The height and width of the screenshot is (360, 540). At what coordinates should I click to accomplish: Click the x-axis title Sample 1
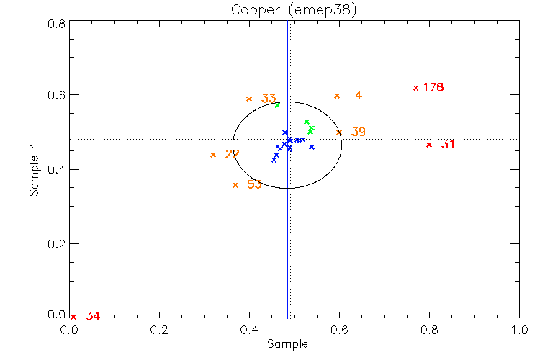293,344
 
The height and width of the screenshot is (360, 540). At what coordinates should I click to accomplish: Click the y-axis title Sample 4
34,169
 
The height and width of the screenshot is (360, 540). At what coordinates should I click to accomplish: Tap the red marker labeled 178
415,88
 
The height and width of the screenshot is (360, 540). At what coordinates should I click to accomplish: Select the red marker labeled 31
429,145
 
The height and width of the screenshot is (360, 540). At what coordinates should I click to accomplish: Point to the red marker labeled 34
73,316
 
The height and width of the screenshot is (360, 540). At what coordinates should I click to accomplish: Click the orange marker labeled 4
337,96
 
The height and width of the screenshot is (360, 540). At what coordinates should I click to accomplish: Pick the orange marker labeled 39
339,132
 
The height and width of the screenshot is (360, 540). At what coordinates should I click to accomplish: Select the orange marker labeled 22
213,155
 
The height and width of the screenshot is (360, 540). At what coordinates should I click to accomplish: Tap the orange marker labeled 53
235,185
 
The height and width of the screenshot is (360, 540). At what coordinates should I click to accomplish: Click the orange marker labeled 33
249,99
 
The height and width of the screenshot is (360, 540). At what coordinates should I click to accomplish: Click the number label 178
433,87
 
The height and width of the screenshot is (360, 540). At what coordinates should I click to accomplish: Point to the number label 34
93,316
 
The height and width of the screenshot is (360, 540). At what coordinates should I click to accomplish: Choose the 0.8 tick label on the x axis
429,329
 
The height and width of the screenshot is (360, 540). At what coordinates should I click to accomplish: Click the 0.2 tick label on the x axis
160,329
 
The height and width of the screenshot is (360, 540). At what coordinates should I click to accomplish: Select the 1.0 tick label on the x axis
519,329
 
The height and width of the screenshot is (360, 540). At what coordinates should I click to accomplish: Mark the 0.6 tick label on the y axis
57,95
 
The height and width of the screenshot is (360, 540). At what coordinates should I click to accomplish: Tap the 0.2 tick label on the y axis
57,243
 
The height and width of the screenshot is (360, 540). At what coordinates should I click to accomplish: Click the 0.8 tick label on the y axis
57,23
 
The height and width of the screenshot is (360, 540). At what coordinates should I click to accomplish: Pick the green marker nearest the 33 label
277,105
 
